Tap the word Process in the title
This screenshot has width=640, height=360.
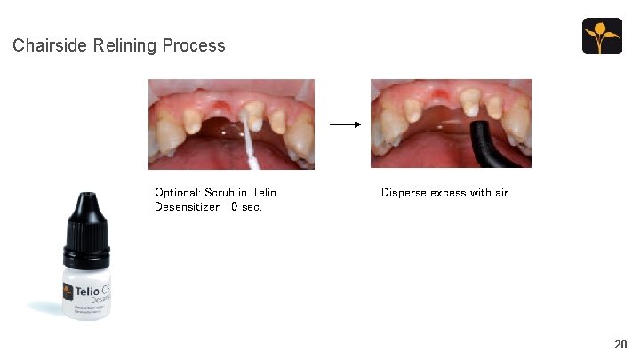[x=193, y=45]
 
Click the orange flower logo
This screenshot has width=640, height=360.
[x=602, y=36]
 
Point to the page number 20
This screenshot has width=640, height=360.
[x=620, y=344]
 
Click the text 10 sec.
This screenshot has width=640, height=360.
[x=248, y=206]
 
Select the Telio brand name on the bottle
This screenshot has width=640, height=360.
[x=86, y=291]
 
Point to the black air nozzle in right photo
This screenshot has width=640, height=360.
[x=484, y=142]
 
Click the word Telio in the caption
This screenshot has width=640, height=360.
[x=264, y=192]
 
